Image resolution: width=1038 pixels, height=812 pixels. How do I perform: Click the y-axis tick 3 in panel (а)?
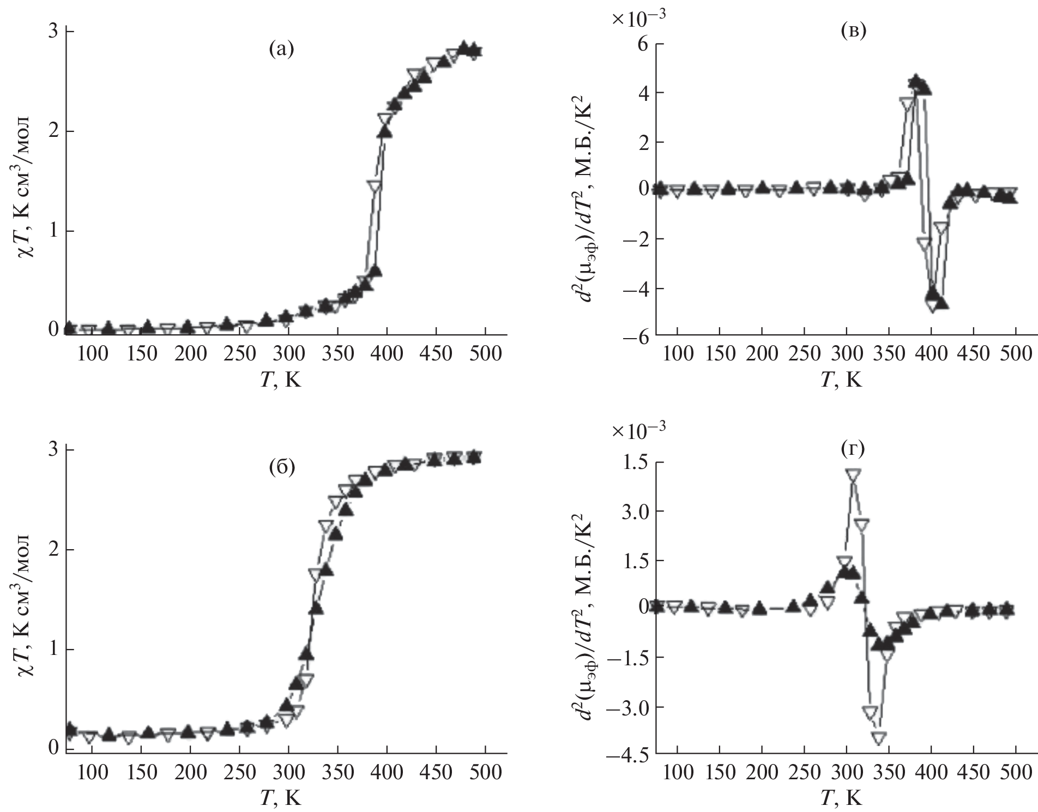[54, 31]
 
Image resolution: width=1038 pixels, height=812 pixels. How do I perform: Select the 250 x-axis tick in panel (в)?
[804, 353]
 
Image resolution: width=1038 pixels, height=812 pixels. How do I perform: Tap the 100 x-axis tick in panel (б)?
[92, 773]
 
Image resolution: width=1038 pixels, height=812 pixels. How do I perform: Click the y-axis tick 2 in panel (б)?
[54, 550]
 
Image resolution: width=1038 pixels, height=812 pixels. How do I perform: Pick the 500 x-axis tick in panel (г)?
[1016, 773]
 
